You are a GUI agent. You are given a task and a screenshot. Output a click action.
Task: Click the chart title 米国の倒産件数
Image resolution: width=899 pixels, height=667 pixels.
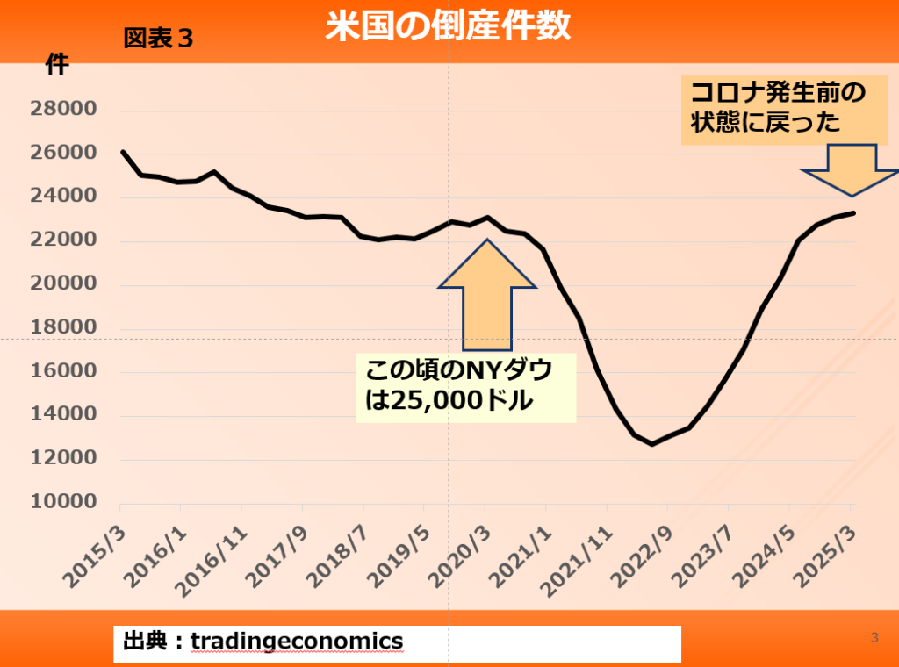pos(448,26)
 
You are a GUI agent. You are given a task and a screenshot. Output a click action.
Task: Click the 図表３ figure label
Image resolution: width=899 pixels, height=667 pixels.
pos(158,39)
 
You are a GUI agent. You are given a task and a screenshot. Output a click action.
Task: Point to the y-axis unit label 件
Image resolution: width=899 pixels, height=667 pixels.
pos(57,64)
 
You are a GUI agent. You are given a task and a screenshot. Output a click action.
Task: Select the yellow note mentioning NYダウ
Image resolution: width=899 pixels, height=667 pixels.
pos(465,386)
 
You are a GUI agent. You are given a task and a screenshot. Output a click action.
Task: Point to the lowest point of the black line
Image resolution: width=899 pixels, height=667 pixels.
pos(651,444)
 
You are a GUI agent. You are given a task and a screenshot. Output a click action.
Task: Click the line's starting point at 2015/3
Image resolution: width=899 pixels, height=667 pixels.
pos(121,152)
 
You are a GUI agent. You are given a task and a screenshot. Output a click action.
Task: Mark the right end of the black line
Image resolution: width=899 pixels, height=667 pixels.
pos(854,212)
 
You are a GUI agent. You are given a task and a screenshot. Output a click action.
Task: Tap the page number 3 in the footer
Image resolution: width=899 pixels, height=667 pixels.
pos(874,638)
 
